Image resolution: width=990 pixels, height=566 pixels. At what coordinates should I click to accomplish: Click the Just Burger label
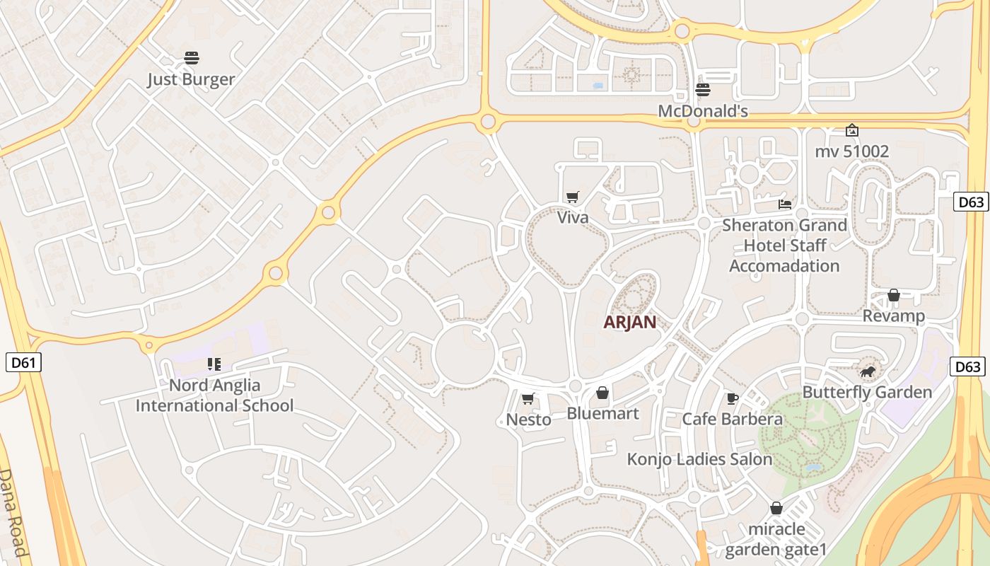point(191,79)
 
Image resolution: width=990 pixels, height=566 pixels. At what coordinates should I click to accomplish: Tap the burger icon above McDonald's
point(702,90)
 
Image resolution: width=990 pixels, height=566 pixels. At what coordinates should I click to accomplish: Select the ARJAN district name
point(629,322)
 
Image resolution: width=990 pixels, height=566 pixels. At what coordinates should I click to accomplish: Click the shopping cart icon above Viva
point(572,197)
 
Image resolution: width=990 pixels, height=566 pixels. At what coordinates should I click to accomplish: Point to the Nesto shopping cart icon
point(528,399)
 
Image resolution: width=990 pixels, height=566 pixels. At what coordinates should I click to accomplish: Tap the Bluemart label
point(602,413)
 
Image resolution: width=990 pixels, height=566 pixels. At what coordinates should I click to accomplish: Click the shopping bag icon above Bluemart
point(602,393)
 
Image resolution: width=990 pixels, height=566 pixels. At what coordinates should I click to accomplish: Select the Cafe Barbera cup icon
point(732,399)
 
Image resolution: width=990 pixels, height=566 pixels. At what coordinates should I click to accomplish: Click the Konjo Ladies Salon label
point(699,459)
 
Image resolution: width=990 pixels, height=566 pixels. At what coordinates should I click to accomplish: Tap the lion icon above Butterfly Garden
point(867,372)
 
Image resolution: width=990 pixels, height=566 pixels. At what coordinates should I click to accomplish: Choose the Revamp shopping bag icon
point(894,295)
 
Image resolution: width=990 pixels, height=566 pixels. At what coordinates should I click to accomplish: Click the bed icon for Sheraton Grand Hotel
point(784,204)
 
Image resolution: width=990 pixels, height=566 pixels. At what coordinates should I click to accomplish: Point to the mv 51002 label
point(851,151)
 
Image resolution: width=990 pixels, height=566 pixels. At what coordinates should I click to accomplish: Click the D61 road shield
point(23,363)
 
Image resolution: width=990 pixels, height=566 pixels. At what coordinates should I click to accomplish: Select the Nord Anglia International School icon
point(214,364)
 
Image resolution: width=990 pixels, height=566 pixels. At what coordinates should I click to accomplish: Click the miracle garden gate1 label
point(776,539)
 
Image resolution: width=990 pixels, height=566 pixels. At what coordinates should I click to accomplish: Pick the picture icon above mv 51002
point(852,130)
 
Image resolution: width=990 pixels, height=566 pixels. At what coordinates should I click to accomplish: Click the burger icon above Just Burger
point(191,58)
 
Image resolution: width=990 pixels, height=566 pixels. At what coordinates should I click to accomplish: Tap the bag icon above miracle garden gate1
point(776,508)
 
